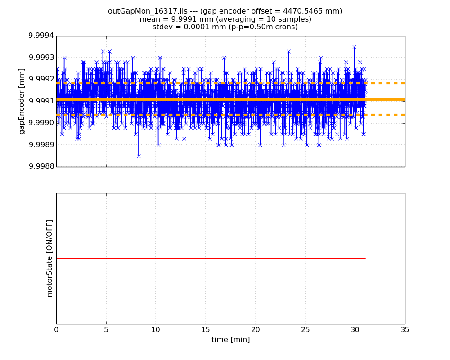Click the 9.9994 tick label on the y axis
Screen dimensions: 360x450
click(x=41, y=36)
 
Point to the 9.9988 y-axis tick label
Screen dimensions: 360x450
click(x=41, y=166)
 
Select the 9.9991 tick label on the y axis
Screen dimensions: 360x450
click(x=41, y=101)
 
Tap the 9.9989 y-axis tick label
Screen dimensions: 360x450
click(x=41, y=145)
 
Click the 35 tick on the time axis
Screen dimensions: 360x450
click(x=405, y=329)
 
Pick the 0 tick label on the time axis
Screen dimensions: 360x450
click(x=56, y=329)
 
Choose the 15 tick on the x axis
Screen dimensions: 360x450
click(x=206, y=329)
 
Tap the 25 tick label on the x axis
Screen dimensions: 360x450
click(x=305, y=329)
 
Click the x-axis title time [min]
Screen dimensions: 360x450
click(x=230, y=340)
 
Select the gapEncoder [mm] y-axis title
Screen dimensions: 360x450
click(x=22, y=101)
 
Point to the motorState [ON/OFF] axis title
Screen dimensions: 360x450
click(x=49, y=258)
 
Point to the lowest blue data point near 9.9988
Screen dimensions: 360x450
click(x=139, y=156)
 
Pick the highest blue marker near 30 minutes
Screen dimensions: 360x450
click(x=354, y=47)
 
